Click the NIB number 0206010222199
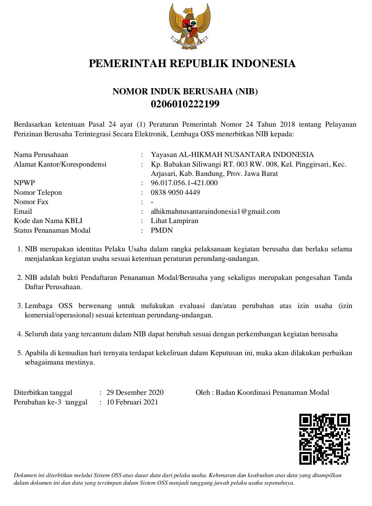(x=185, y=104)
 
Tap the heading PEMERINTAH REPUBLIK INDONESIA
(x=192, y=64)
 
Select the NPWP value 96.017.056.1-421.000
(x=184, y=183)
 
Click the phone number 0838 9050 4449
(x=175, y=192)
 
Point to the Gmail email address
(x=215, y=211)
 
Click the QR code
(x=324, y=439)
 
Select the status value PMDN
(x=162, y=230)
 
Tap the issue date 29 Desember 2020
(x=135, y=392)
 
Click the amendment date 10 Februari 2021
(x=132, y=402)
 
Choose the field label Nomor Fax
(x=31, y=202)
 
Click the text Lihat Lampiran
(x=175, y=221)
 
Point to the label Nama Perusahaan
(x=41, y=155)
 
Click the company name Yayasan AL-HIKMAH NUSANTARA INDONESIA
(x=232, y=155)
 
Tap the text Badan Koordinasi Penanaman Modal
(x=272, y=392)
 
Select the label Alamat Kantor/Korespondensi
(x=60, y=164)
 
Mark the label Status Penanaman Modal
(x=52, y=230)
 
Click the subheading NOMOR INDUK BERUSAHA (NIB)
(x=185, y=92)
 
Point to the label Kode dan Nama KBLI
(x=48, y=221)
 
